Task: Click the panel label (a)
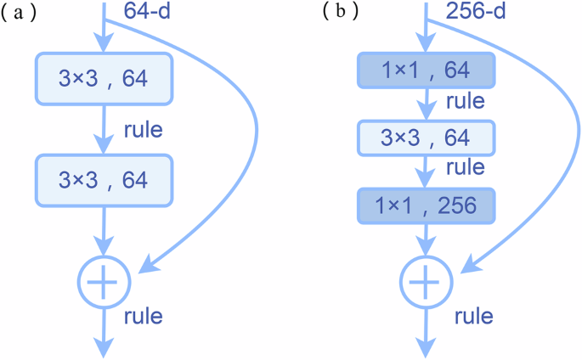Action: click(x=18, y=14)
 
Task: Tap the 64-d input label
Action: click(x=150, y=12)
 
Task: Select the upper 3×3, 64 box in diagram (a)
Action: click(x=104, y=80)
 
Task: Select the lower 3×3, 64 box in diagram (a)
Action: click(x=104, y=179)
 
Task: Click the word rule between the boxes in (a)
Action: click(x=143, y=131)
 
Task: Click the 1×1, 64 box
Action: click(x=426, y=70)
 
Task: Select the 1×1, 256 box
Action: click(x=426, y=206)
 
